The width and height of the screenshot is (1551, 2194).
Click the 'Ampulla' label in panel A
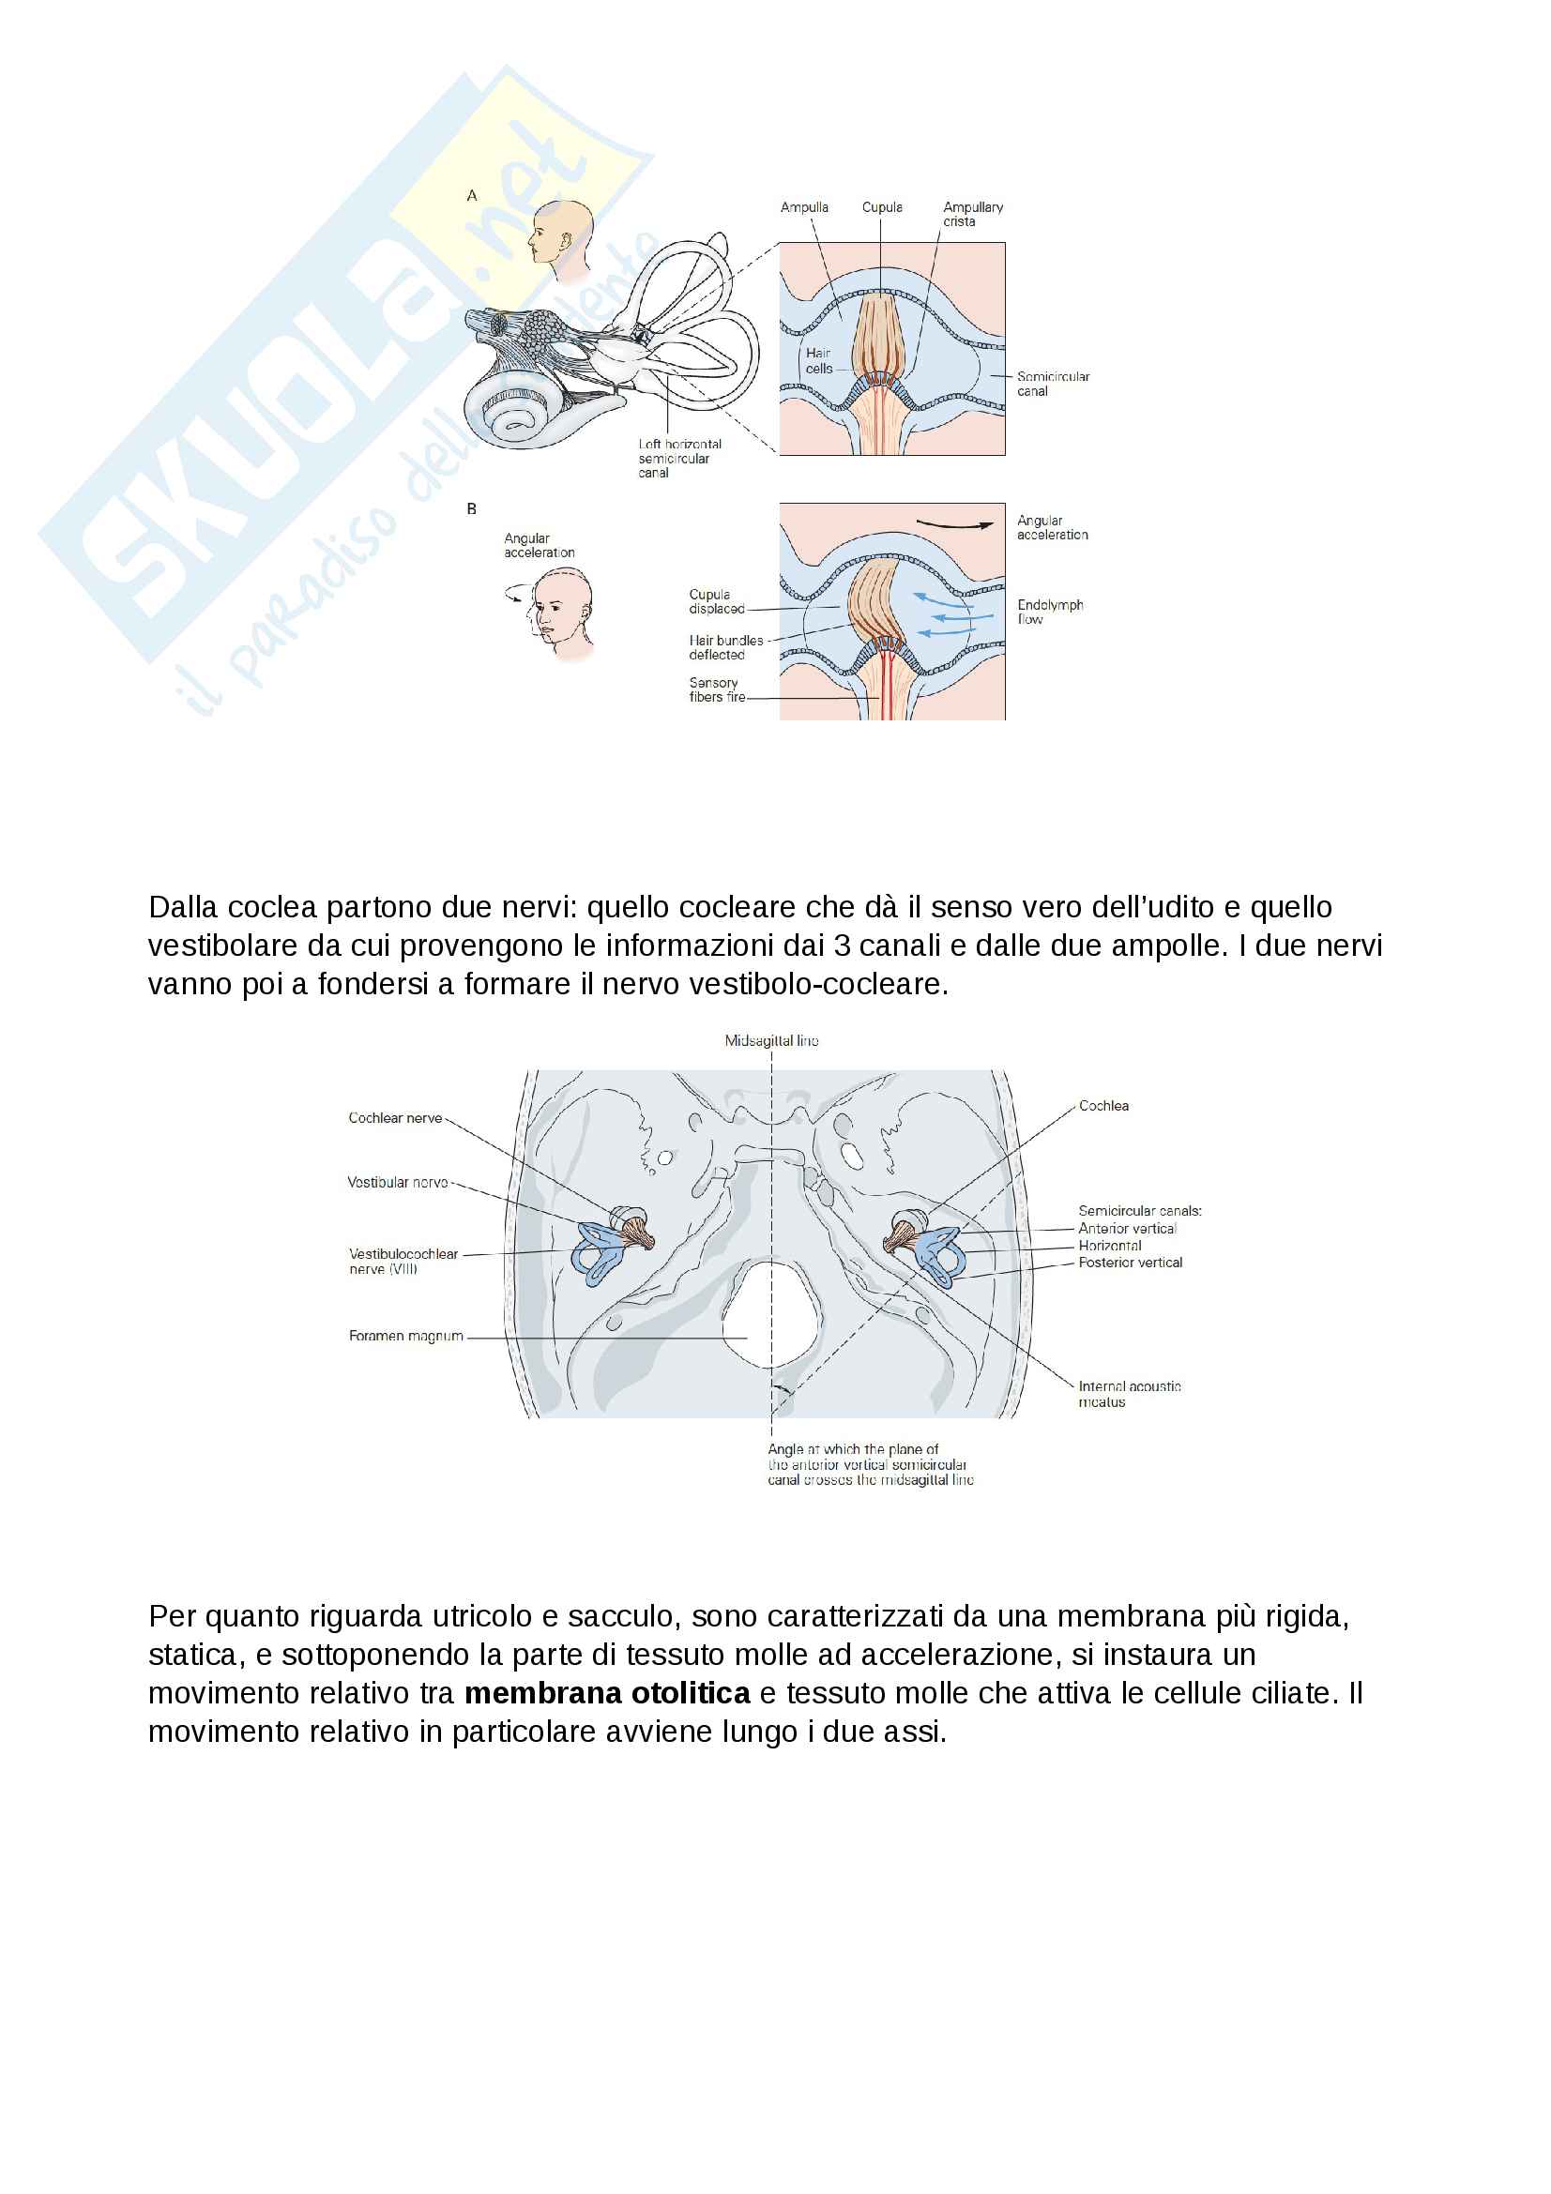[804, 207]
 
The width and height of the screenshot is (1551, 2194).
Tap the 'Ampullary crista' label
[972, 214]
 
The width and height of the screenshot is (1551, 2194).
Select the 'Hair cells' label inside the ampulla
[818, 360]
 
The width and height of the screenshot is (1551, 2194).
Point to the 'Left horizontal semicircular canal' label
[679, 458]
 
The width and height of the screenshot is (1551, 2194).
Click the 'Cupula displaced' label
[716, 601]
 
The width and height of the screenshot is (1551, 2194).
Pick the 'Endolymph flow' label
[1049, 612]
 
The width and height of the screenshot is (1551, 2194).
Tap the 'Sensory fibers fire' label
[716, 690]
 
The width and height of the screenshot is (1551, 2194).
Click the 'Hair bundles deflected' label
[725, 647]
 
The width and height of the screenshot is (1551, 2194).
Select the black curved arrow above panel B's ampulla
[953, 523]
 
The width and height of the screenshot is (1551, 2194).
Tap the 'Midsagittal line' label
[771, 1040]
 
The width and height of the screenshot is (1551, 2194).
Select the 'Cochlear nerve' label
[395, 1118]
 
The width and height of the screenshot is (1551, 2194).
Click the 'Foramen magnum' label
[405, 1336]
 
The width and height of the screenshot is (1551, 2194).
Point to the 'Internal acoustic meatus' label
[1129, 1393]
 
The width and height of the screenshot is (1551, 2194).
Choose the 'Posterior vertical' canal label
[1130, 1263]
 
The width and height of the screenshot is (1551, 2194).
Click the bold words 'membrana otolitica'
[607, 1693]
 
